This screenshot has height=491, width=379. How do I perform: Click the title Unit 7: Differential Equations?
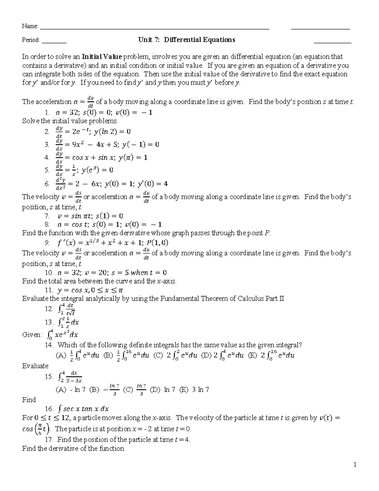tap(187, 40)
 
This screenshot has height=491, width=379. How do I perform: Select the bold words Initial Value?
tap(102, 57)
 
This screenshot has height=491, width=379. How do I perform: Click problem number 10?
tap(49, 273)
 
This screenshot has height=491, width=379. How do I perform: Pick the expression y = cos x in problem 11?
tap(75, 290)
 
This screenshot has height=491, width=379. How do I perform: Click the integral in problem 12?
tap(67, 309)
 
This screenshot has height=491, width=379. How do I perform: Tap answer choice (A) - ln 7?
tap(70, 390)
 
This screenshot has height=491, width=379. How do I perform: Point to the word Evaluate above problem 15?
tap(35, 366)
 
